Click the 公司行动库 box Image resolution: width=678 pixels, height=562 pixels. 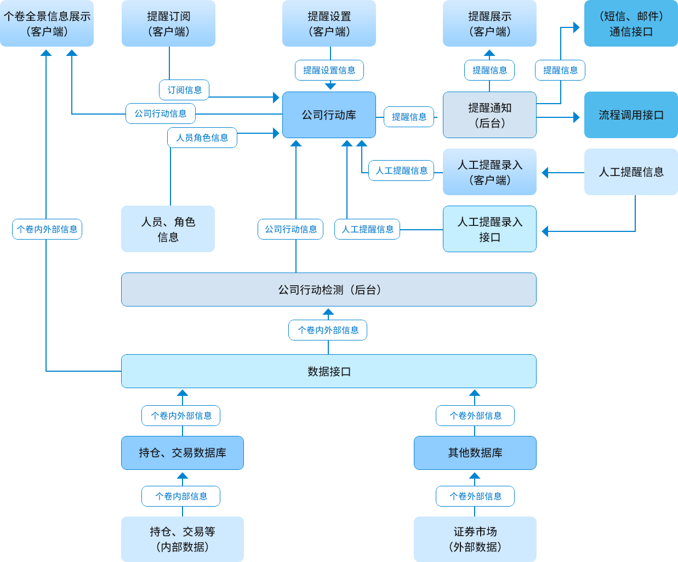[329, 115]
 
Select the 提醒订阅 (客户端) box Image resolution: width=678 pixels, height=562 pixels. [168, 24]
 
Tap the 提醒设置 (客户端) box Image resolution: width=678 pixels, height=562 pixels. [329, 24]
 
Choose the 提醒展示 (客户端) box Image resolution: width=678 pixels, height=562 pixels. [489, 24]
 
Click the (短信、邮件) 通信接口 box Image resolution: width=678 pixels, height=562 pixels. [631, 24]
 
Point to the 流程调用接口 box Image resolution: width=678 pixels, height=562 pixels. [631, 115]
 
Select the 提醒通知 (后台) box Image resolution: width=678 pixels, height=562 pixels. [489, 115]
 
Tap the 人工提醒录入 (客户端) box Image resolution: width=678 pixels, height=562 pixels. [489, 172]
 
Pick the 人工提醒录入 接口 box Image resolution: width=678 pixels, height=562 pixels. [489, 229]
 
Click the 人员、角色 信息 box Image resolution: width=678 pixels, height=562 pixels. [168, 229]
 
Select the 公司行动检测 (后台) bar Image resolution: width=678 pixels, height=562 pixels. [329, 289]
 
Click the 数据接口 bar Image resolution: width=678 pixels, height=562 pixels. [329, 371]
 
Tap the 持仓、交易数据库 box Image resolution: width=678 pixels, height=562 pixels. [183, 453]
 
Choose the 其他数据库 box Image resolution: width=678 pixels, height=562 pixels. [475, 453]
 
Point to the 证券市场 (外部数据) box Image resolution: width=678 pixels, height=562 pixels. [475, 539]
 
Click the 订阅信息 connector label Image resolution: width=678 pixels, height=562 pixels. [184, 90]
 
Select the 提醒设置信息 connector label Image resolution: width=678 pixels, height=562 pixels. [329, 70]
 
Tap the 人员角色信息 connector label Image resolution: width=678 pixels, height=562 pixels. [202, 138]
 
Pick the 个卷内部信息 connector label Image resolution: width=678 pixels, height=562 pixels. [181, 496]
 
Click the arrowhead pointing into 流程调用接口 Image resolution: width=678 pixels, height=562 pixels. [576, 117]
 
